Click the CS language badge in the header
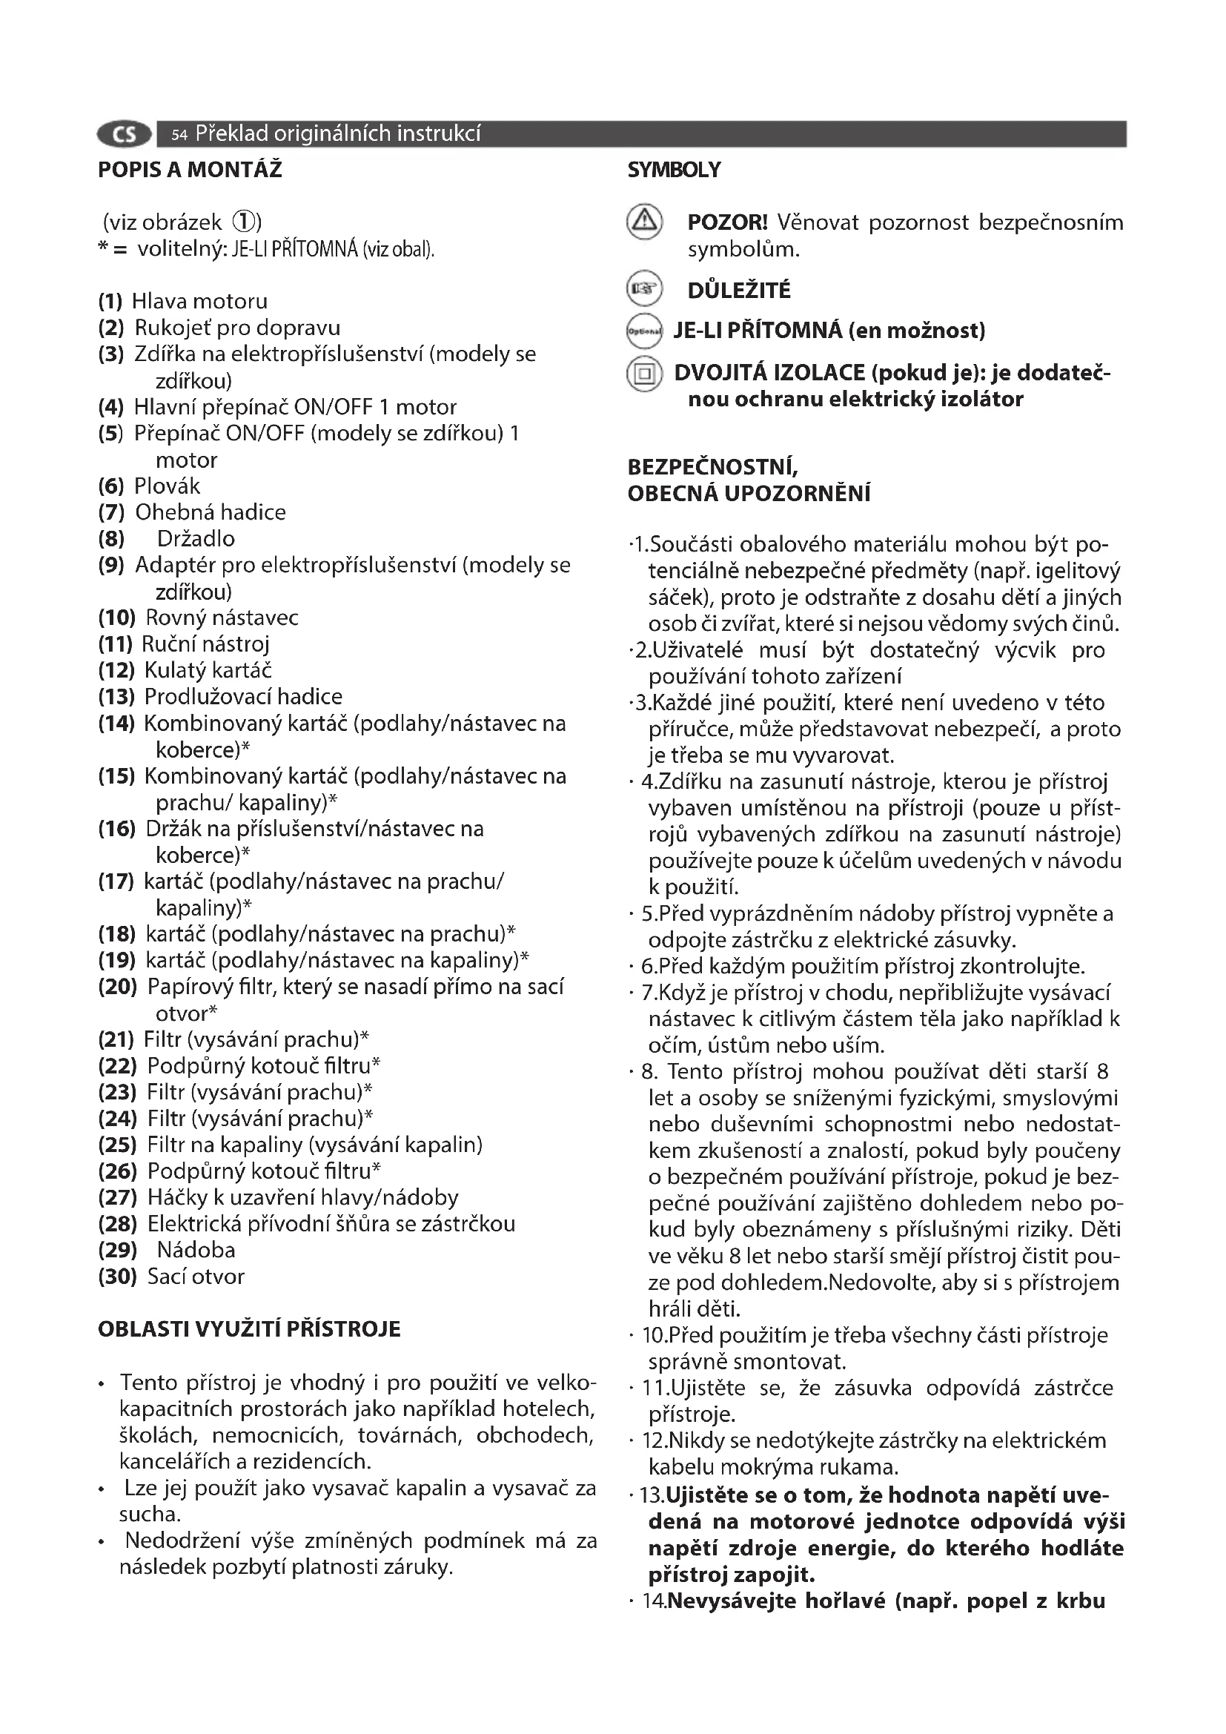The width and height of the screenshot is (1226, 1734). [124, 134]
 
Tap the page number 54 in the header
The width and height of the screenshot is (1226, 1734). [179, 135]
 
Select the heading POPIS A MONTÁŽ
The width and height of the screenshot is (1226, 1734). [190, 170]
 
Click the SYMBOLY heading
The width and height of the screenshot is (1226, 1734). [673, 170]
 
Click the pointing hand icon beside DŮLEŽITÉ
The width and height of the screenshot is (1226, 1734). [644, 288]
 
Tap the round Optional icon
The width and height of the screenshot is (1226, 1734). [644, 331]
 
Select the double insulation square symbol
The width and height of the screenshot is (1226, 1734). [644, 373]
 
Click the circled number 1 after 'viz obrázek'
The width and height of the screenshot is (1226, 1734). [244, 222]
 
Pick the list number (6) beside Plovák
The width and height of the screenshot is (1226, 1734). [111, 486]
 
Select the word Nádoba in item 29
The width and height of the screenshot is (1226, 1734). [196, 1251]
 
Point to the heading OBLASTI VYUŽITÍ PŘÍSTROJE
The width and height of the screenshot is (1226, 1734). [249, 1329]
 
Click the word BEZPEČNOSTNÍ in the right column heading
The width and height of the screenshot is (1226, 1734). [712, 468]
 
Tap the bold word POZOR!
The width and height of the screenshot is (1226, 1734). [727, 222]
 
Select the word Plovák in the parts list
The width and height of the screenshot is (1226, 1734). [167, 486]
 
